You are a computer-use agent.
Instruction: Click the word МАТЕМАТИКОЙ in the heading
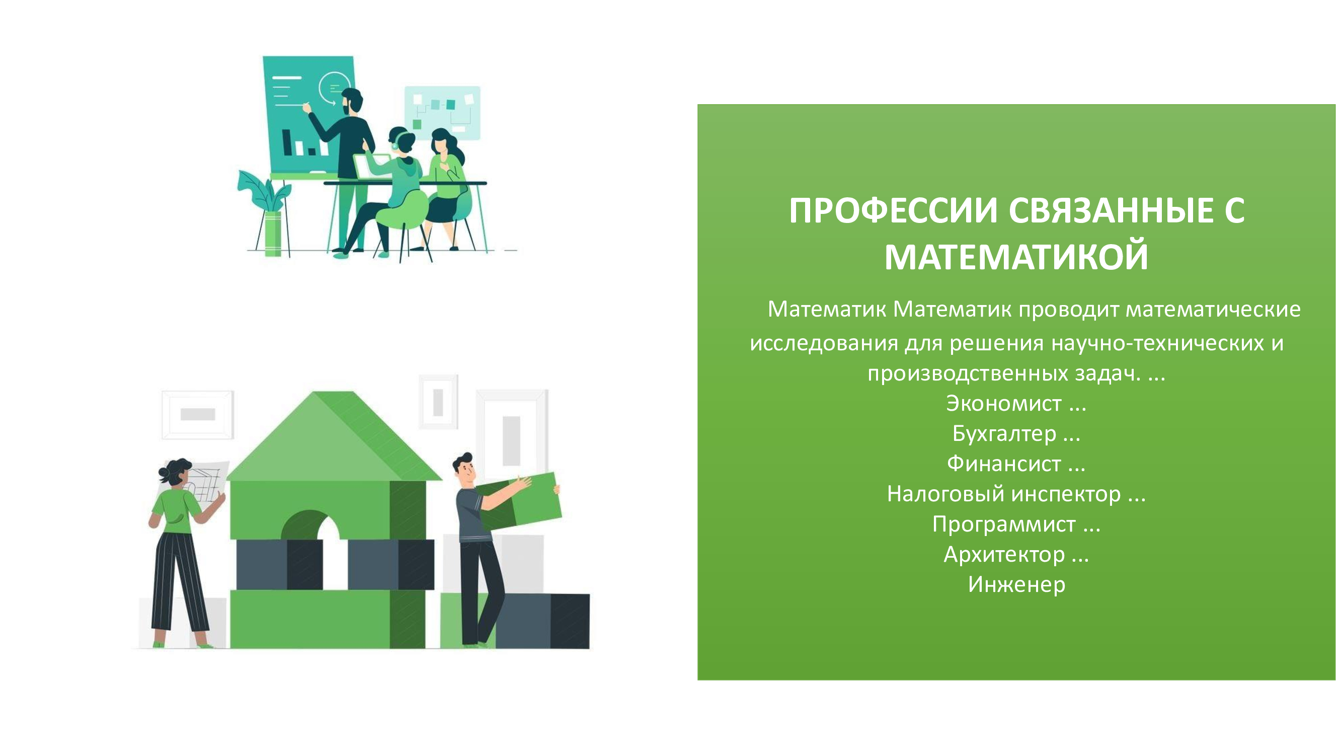1016,257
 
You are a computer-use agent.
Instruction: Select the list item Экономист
1003,403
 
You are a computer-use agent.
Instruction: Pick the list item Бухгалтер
1004,433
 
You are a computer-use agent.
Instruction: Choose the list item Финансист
1004,464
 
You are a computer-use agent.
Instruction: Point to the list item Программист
1004,524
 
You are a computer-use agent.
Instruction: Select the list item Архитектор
1004,554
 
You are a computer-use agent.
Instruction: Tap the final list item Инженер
1016,584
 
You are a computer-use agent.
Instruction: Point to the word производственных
963,373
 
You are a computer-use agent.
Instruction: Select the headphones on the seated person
395,142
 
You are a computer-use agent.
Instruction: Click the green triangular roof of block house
334,436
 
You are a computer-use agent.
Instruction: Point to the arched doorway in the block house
310,524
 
